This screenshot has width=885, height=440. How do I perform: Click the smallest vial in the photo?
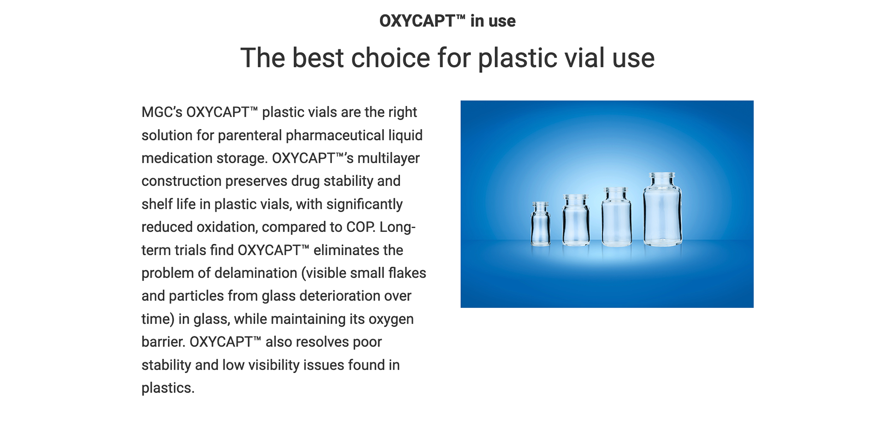click(540, 223)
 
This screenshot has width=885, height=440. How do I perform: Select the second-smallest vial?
click(576, 220)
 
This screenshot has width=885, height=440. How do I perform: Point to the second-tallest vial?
click(616, 217)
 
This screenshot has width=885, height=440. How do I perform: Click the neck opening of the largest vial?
click(662, 176)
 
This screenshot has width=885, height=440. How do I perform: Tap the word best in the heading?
click(318, 58)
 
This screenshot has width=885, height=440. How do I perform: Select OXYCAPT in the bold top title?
click(417, 21)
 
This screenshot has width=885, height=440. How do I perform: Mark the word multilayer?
click(389, 158)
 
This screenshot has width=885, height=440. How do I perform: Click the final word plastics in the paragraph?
click(168, 388)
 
